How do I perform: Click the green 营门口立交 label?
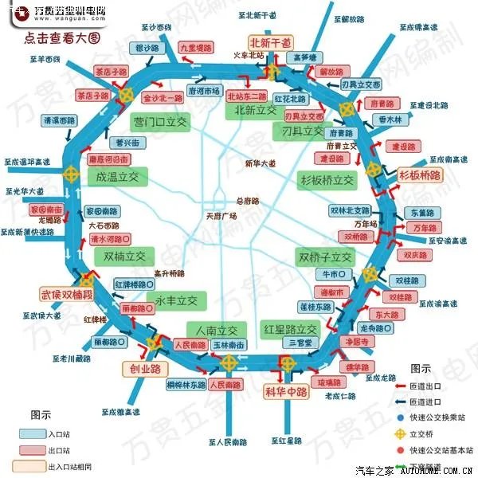tap(159, 122)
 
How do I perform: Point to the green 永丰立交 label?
tap(176, 300)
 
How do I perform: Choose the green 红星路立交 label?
tap(290, 329)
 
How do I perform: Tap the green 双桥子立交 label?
tap(324, 257)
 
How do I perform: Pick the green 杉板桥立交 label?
tap(326, 179)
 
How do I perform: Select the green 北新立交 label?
tap(255, 111)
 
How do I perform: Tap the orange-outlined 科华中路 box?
tap(286, 390)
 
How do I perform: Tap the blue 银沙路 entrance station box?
tap(148, 49)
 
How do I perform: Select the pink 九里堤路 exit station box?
tap(196, 49)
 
